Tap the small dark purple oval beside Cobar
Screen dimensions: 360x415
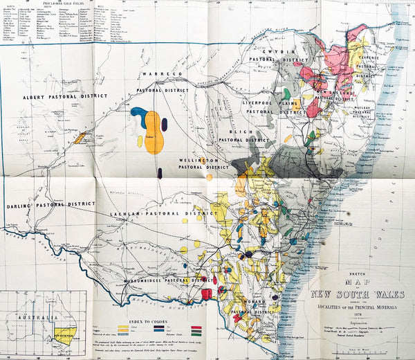(165, 125)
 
